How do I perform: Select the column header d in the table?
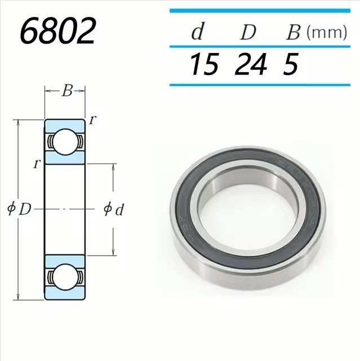197,32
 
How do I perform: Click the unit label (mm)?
326,32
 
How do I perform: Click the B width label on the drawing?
66,91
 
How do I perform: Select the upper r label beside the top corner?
92,120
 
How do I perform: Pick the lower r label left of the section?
37,164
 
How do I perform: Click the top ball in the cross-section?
65,140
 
